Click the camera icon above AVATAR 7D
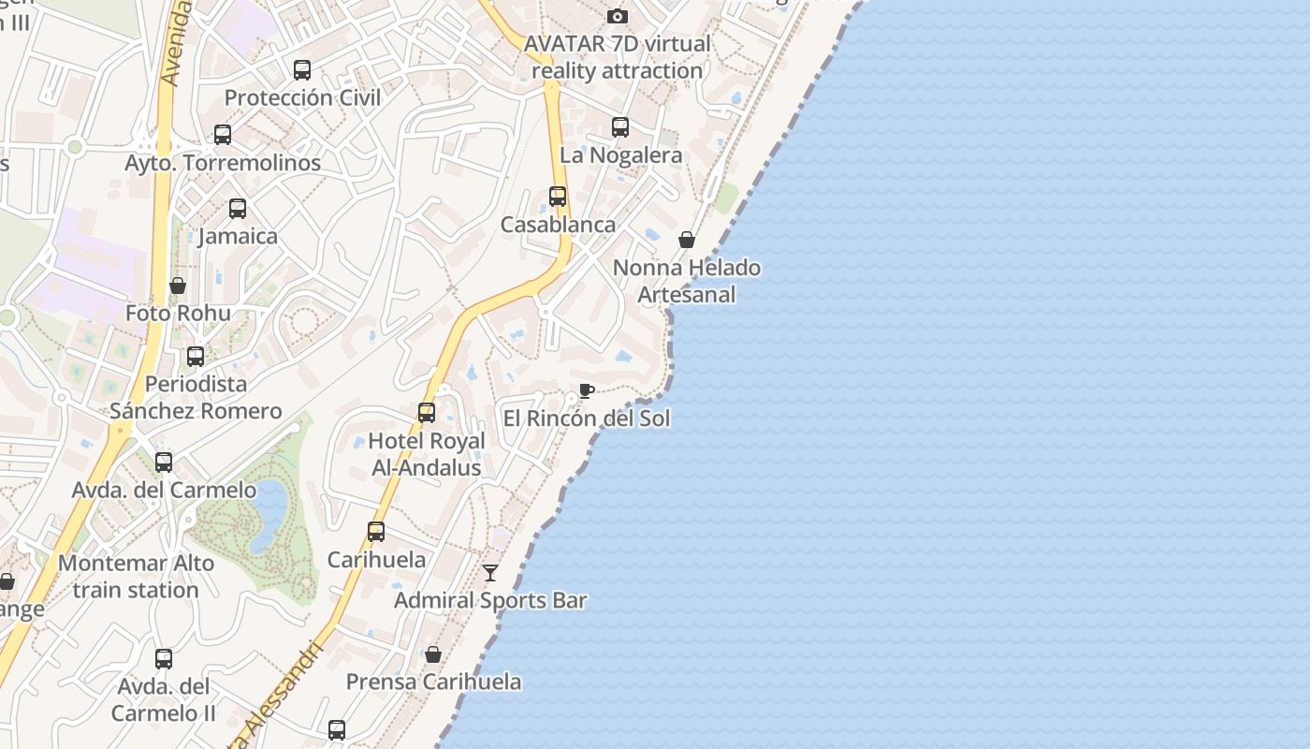click(617, 16)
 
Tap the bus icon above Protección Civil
click(302, 70)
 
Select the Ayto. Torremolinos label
click(223, 163)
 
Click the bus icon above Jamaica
click(238, 209)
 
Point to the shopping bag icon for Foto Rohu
click(178, 286)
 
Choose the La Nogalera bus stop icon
click(620, 127)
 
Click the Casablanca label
click(558, 225)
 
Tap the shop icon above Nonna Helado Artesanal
click(687, 240)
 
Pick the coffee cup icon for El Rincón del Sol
click(587, 390)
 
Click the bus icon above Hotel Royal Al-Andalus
click(427, 413)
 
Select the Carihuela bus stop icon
click(376, 532)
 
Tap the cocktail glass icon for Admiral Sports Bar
click(490, 572)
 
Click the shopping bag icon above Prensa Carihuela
click(433, 654)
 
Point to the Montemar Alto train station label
click(137, 577)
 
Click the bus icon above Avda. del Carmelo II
click(164, 659)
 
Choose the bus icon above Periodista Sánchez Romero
click(196, 357)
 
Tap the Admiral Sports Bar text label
click(490, 600)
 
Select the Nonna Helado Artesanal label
click(687, 281)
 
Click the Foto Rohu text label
click(178, 313)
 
